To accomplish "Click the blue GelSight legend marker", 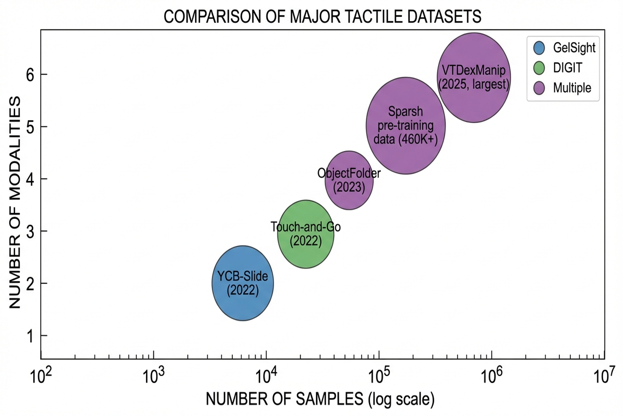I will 539,48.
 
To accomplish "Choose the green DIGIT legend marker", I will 539,68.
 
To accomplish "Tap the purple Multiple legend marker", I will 539,88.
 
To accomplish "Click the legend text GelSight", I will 574,48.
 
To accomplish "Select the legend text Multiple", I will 572,88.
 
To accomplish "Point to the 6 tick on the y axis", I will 30,74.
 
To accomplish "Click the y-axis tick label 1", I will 30,336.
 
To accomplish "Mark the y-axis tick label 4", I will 30,179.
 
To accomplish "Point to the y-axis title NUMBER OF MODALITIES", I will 15,202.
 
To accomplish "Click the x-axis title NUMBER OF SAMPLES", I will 284,399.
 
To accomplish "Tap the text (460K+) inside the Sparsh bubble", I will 418,139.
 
